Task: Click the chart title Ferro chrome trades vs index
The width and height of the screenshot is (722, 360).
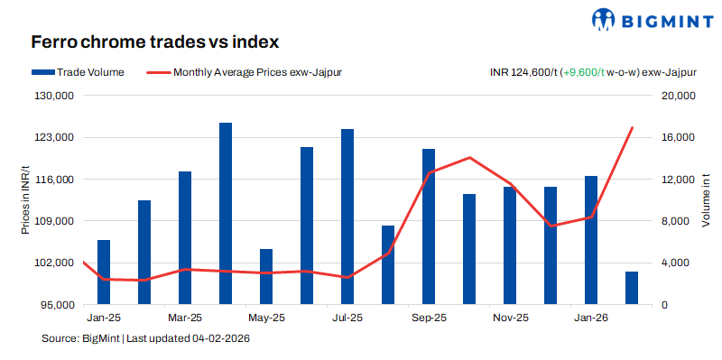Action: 154,42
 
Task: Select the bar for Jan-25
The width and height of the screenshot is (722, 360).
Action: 104,272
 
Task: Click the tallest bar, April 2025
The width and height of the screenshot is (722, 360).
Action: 226,214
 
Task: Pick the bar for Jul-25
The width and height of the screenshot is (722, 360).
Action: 347,217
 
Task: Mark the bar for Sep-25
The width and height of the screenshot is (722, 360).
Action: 429,226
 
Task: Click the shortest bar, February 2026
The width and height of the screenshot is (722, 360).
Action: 632,288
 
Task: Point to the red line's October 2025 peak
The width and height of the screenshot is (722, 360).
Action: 469,158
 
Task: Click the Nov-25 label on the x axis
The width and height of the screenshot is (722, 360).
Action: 510,318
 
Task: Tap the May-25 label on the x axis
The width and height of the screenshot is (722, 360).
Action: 266,318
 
